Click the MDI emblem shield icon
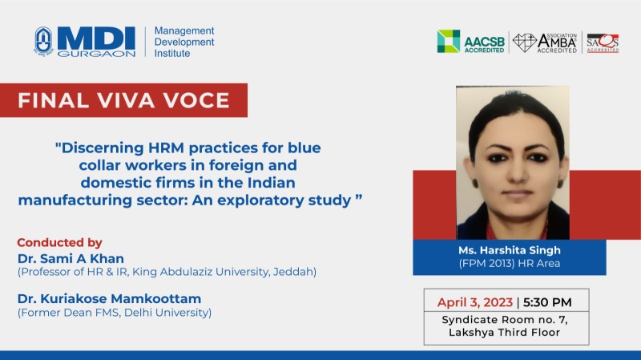pos(43,41)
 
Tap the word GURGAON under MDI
pos(96,54)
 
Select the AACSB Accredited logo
pos(470,42)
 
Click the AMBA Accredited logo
pos(545,42)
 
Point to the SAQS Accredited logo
pos(603,43)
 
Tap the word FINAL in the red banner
pos(53,101)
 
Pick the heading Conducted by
pos(59,243)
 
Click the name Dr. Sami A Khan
pos(71,258)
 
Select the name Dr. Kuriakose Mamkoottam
pos(109,298)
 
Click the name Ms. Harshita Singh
pos(510,250)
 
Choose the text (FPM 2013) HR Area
pos(510,264)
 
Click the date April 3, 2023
pos(475,302)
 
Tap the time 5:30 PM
pos(547,302)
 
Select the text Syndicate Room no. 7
pos(505,319)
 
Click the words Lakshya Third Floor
pos(505,332)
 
